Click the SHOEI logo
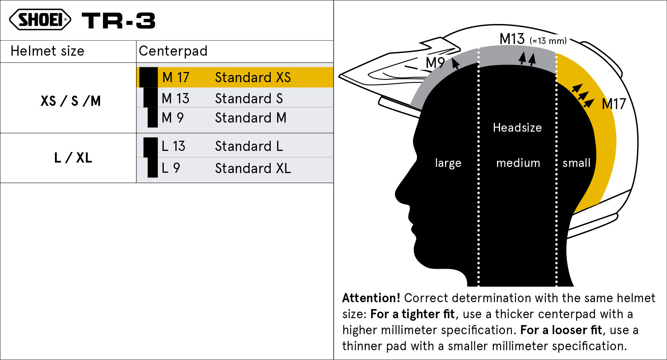click(x=40, y=20)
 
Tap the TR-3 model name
click(x=119, y=20)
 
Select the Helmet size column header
click(x=47, y=51)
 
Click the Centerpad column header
click(x=173, y=51)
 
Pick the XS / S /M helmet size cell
click(x=71, y=101)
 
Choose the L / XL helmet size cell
click(x=73, y=158)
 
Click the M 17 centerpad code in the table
click(x=175, y=77)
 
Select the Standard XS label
click(x=253, y=77)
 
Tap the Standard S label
click(x=249, y=99)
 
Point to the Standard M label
click(x=251, y=118)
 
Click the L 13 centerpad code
click(x=173, y=146)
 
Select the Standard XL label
click(x=253, y=168)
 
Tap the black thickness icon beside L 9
click(x=152, y=168)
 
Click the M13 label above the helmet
click(x=512, y=39)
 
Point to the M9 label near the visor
click(x=435, y=63)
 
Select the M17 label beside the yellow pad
click(x=614, y=104)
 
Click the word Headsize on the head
click(x=517, y=128)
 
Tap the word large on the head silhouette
click(x=448, y=163)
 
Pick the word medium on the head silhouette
click(x=518, y=163)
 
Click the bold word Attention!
click(x=371, y=298)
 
